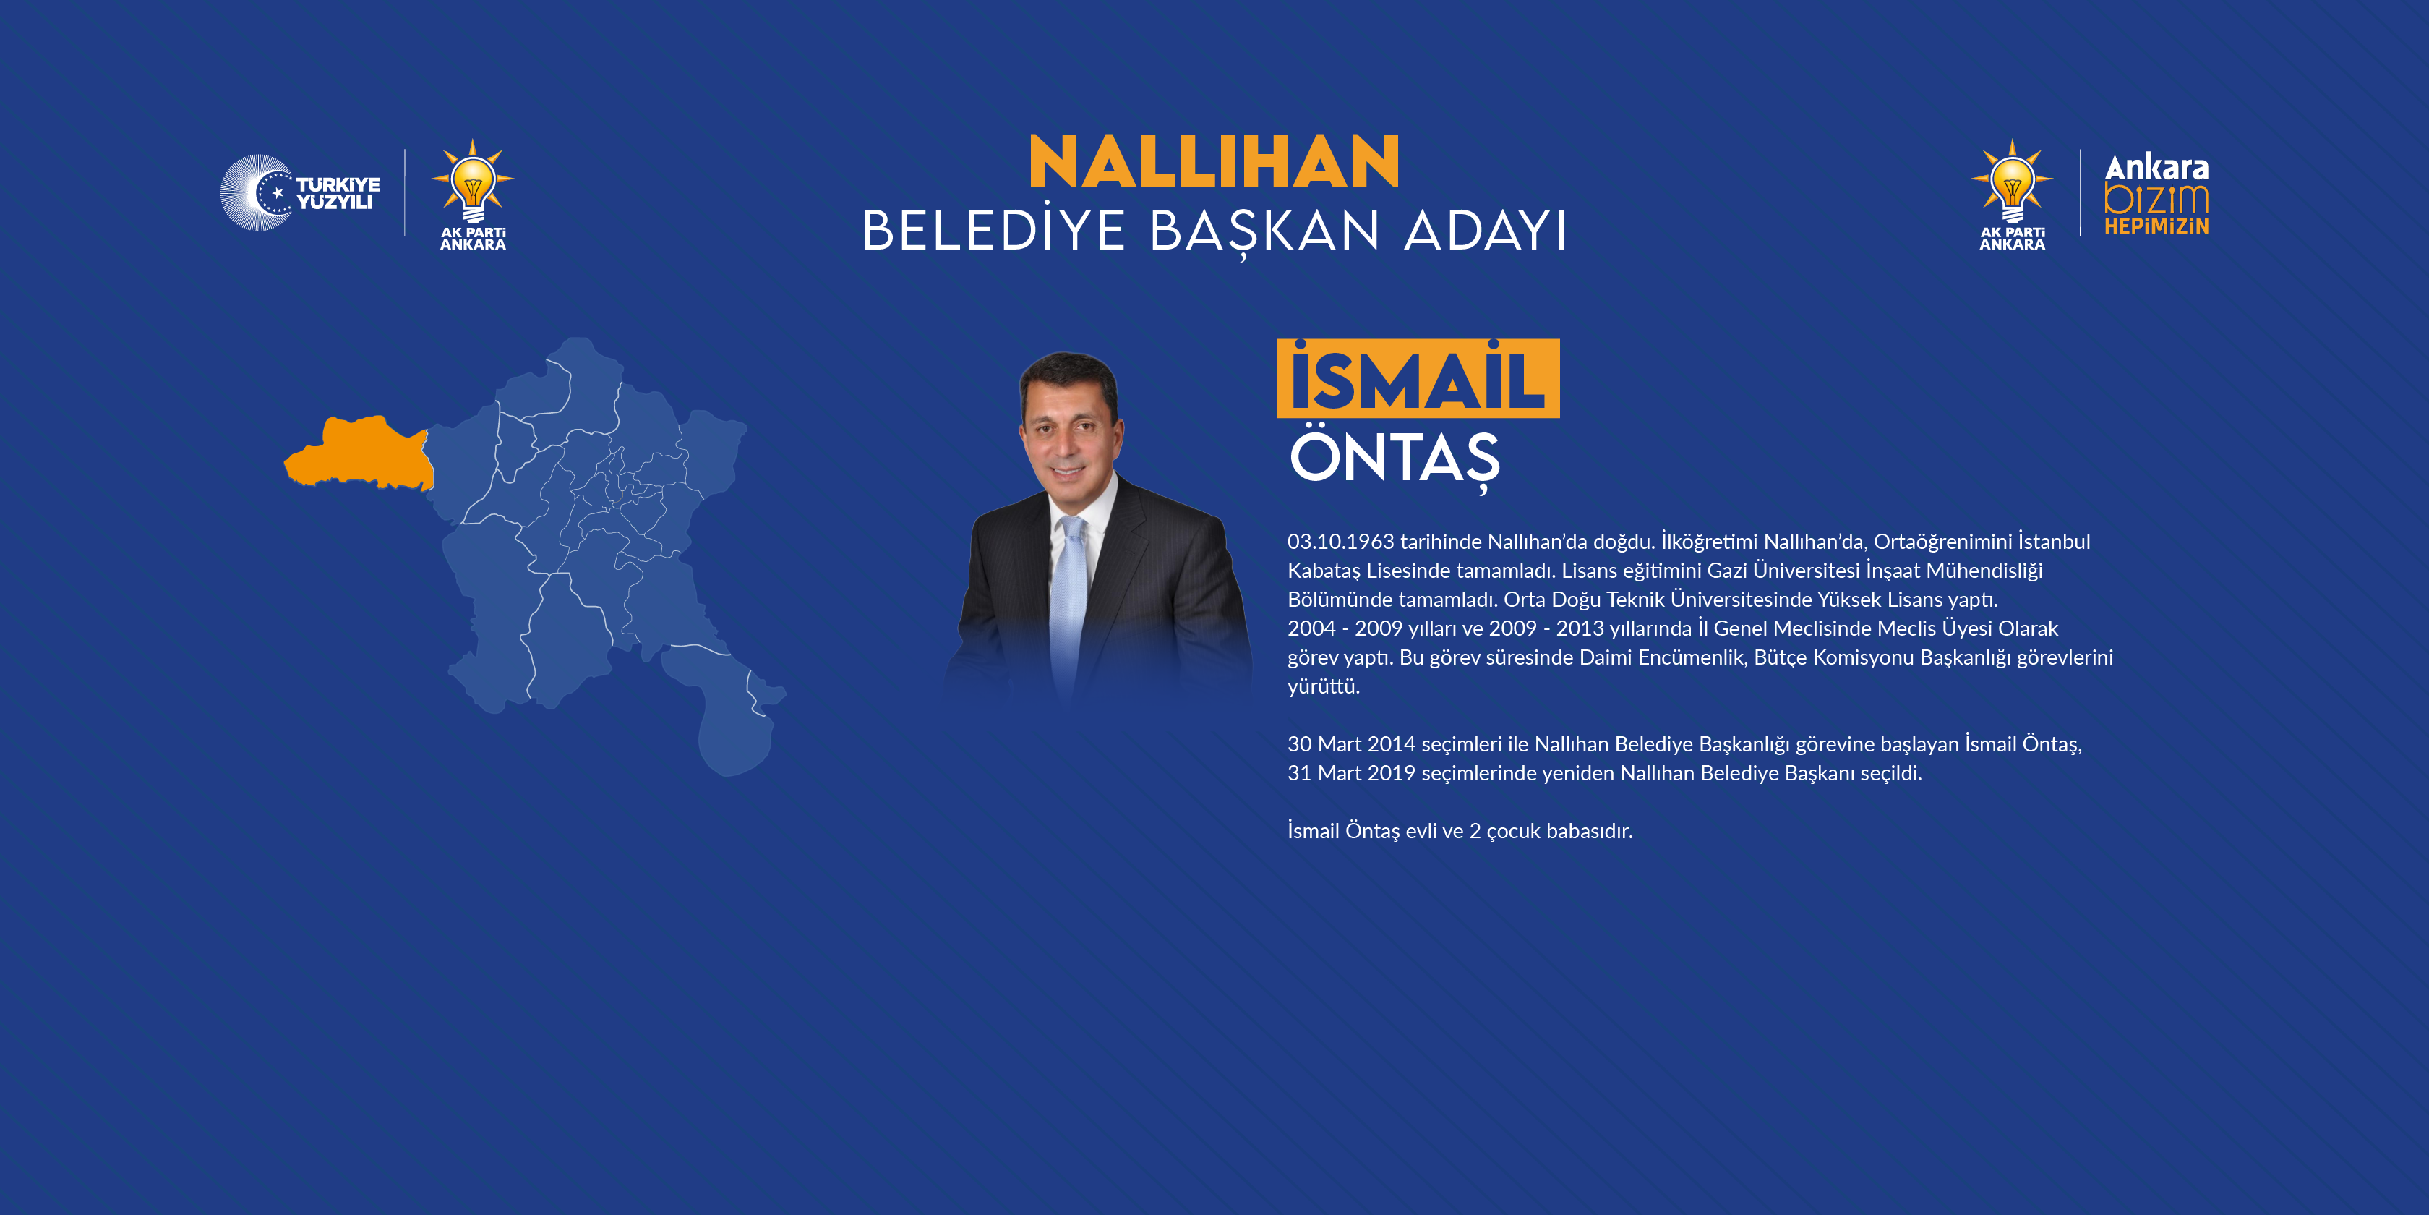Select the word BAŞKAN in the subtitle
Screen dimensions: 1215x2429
(x=1264, y=231)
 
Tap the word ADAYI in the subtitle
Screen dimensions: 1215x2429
(x=1485, y=231)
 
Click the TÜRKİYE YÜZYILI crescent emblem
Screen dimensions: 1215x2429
(x=257, y=192)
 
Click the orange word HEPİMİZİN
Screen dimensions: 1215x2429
(x=2156, y=226)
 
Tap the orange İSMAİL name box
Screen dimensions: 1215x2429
(x=1417, y=379)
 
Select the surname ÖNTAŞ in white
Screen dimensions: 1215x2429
(x=1394, y=458)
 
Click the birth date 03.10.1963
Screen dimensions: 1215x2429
(x=1340, y=542)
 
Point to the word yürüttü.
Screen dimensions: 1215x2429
(x=1323, y=687)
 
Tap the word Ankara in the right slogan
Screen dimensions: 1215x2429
(x=2156, y=168)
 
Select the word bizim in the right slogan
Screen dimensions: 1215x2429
(x=2156, y=199)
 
